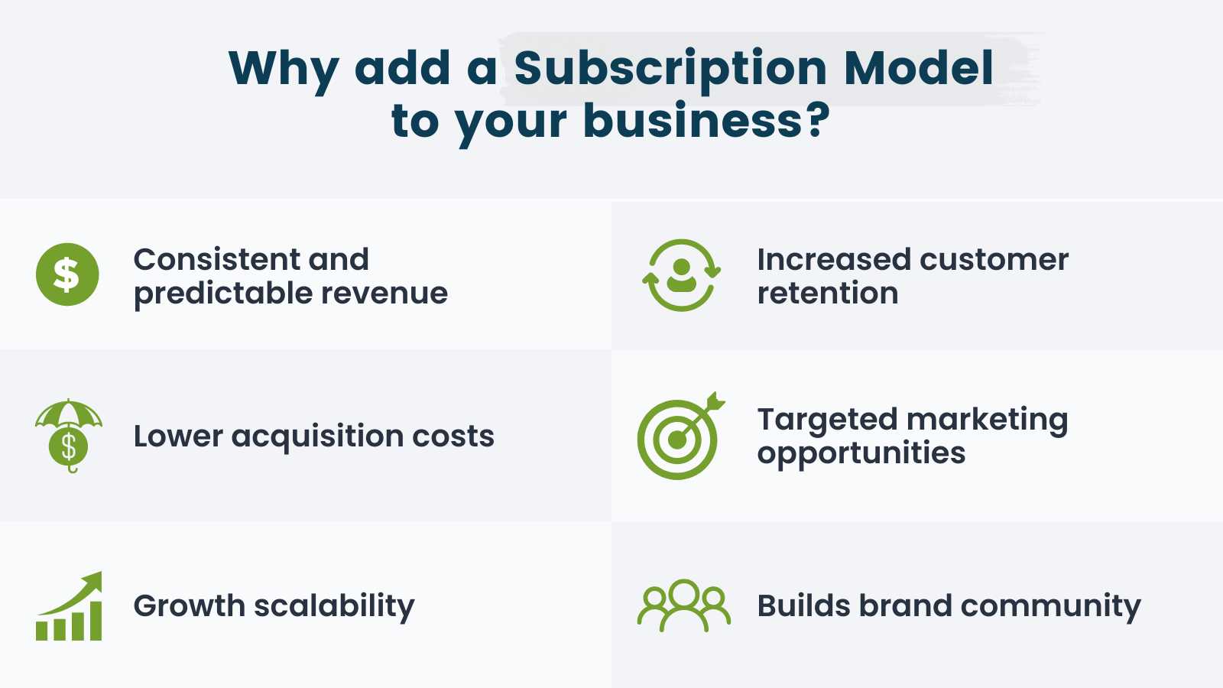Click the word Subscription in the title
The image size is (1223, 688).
tap(670, 69)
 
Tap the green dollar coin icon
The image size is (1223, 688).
tap(67, 274)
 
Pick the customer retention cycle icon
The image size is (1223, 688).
tap(681, 275)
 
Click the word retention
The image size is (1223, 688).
tap(827, 294)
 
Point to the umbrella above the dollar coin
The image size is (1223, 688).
tap(69, 414)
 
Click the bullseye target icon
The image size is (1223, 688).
tap(677, 440)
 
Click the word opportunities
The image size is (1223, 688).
tap(861, 454)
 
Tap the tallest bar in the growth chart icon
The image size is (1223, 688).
tap(95, 620)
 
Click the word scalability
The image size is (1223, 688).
tap(334, 606)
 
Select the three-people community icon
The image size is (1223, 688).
tap(683, 605)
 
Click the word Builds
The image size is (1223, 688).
tap(803, 606)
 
